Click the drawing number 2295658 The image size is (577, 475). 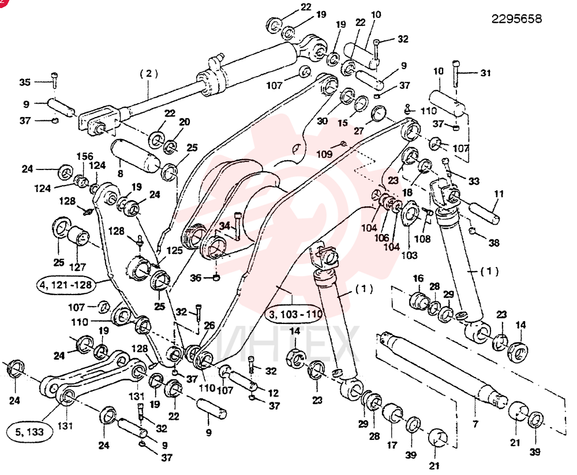coord(516,19)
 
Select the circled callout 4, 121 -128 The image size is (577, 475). coord(66,285)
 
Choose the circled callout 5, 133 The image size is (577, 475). coord(29,432)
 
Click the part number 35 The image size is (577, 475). coord(25,82)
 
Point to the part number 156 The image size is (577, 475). coord(85,156)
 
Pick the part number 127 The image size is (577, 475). coord(78,267)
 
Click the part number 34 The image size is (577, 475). coord(224,226)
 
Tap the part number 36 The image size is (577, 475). coord(196,278)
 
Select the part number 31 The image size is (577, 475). coord(485,73)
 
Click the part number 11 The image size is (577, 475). coord(499,194)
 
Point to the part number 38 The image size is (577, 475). coord(494,243)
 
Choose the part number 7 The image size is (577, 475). coord(475,424)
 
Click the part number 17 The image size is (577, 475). coord(392,445)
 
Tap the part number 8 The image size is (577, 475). coord(121,173)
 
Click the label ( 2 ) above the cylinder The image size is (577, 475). coord(149,74)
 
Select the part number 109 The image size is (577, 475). coord(324,154)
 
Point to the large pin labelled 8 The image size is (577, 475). coord(135,156)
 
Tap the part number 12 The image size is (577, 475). coord(273,393)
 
